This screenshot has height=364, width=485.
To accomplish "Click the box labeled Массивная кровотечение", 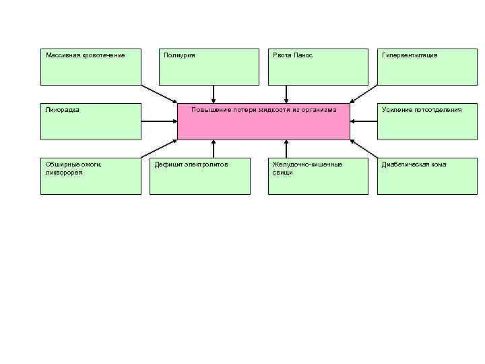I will [x=91, y=67].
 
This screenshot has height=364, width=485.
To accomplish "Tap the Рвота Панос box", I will [x=318, y=67].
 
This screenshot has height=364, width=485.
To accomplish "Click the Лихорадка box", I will [x=91, y=121].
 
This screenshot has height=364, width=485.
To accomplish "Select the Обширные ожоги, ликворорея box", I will [x=91, y=176].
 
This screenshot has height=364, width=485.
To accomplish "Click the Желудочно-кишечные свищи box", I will [x=318, y=176].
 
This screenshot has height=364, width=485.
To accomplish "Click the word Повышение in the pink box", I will [x=210, y=109].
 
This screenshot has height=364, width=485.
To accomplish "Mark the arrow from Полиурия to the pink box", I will [x=214, y=94].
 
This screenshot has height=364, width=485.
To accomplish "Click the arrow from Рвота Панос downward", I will [x=286, y=94].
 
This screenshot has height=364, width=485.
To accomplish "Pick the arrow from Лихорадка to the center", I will [x=159, y=121].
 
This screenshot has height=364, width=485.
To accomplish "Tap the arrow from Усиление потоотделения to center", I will [x=364, y=121].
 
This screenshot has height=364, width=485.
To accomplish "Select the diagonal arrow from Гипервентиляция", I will [x=364, y=94].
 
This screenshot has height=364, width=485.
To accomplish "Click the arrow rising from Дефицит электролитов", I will [x=214, y=148].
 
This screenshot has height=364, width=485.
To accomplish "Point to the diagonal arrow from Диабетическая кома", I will [x=364, y=148].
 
